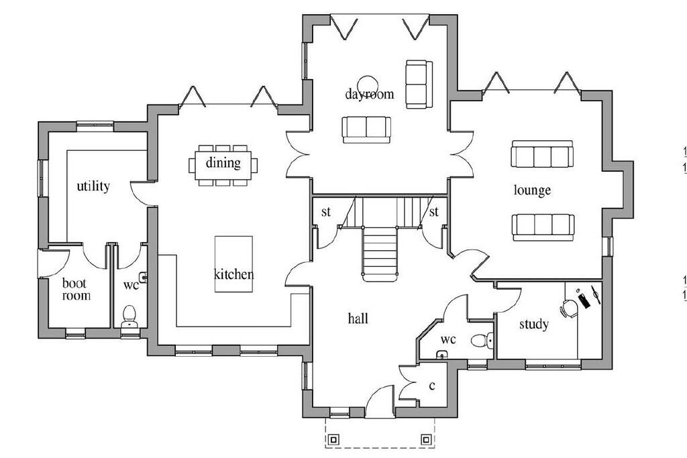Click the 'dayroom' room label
point(369,94)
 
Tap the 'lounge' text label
point(532,190)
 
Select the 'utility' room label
point(93,186)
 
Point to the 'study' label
point(534,325)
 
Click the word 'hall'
point(358,319)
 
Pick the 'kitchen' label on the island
point(233,274)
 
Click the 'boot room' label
point(76,289)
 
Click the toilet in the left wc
point(129,315)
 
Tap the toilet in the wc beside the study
point(480,341)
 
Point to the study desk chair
point(569,308)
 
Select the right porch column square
point(425,440)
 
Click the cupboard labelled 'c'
point(433,386)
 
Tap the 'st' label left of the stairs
point(326,213)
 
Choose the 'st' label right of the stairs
point(433,213)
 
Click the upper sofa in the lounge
point(541,155)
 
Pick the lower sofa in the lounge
point(542,227)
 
